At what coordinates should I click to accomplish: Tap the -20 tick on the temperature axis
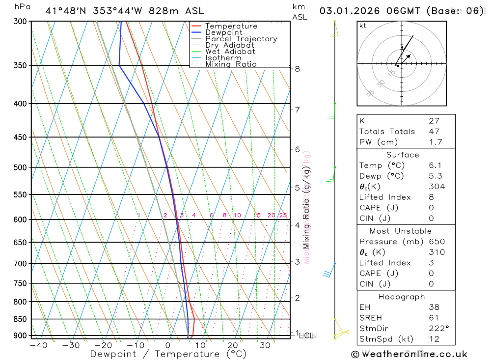coord(103,345)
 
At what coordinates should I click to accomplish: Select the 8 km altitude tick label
coord(298,69)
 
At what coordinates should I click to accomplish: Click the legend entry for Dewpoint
coord(223,33)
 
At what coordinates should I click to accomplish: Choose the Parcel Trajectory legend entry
coord(241,39)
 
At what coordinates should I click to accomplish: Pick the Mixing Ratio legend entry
coord(231,64)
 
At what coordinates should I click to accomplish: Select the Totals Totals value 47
coord(434,131)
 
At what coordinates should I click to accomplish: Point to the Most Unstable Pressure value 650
coord(436,242)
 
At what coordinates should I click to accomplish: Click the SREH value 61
coord(434,318)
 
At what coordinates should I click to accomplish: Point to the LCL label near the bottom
coord(306,336)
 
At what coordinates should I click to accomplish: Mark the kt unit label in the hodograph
coord(363,26)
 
